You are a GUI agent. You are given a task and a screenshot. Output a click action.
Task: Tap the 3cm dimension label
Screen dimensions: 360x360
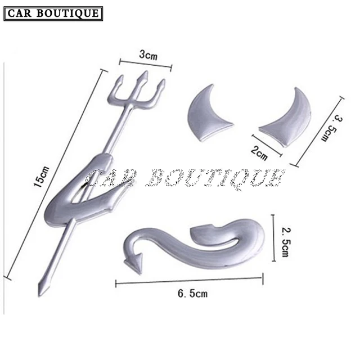(147, 56)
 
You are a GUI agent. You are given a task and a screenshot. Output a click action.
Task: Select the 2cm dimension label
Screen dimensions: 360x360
(260, 152)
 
